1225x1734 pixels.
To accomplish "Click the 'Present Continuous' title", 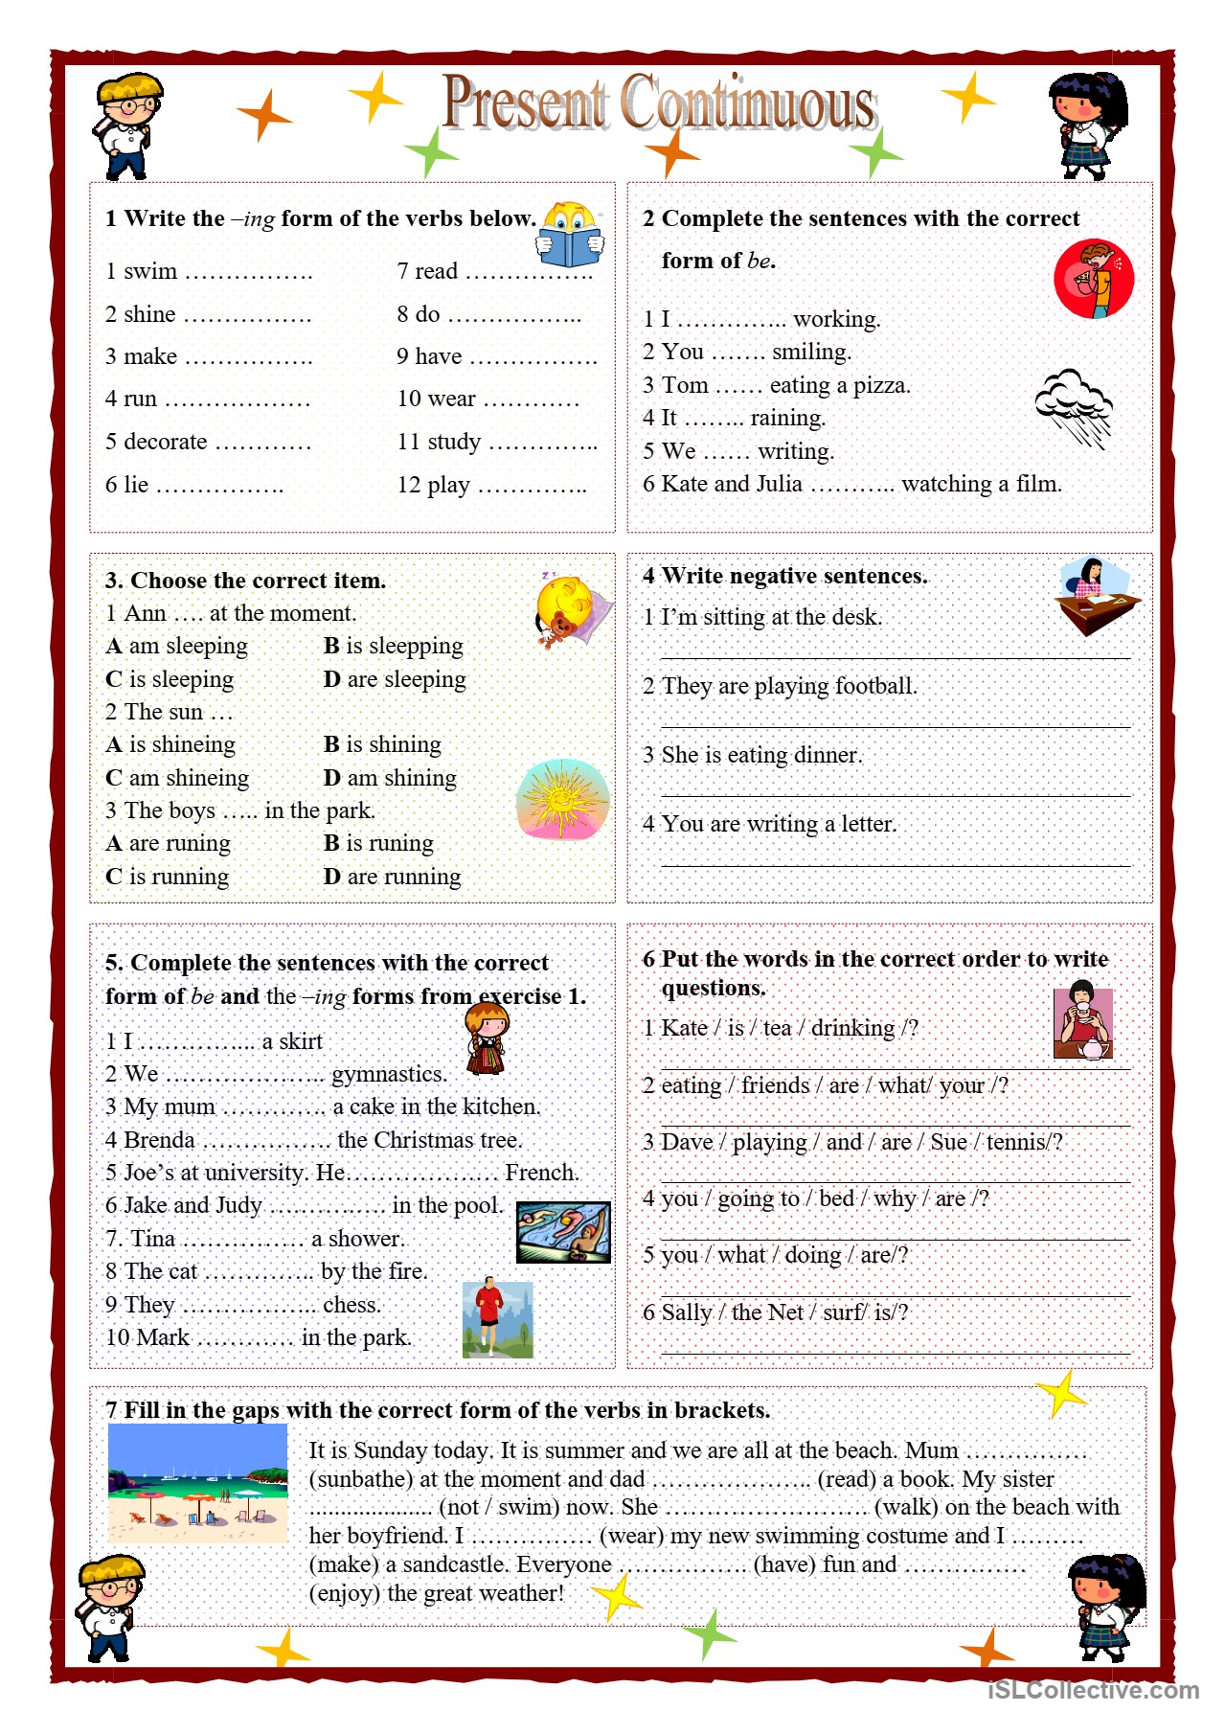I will click(659, 103).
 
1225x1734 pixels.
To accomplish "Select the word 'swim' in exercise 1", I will click(150, 272).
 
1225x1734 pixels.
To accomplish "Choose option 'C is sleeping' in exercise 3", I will click(170, 679).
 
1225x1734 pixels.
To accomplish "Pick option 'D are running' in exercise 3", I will click(393, 877).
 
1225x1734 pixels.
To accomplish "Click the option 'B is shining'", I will click(382, 744).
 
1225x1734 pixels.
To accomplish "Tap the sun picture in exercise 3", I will click(561, 800).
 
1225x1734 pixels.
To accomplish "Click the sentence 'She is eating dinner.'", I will click(752, 755).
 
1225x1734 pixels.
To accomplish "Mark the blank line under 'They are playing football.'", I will click(895, 726).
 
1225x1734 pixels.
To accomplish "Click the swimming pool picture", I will click(563, 1232).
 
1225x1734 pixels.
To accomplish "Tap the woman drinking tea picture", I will click(1082, 1023).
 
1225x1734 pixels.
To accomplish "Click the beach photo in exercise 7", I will click(197, 1483).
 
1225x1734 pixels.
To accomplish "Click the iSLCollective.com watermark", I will click(1093, 1691).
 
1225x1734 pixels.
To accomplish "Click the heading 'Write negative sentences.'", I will click(794, 576).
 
